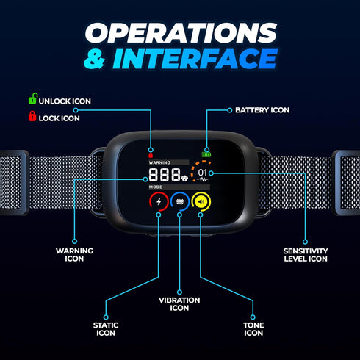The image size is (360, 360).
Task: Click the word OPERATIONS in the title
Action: click(181, 33)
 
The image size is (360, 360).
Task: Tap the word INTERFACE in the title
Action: click(195, 59)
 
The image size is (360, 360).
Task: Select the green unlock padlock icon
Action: click(32, 98)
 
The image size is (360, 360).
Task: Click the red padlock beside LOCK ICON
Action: click(32, 116)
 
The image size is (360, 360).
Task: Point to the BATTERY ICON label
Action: click(262, 110)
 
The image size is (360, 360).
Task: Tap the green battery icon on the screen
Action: click(206, 154)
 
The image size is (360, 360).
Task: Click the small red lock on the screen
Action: click(151, 155)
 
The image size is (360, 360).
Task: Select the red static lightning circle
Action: click(159, 202)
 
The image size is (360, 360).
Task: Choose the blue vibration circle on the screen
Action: click(180, 202)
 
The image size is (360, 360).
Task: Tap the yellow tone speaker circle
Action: click(201, 202)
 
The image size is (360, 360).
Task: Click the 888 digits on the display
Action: click(165, 175)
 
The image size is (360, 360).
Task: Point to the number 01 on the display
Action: click(203, 173)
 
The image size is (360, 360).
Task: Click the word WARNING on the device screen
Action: click(159, 162)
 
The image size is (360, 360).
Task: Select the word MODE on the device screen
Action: click(156, 187)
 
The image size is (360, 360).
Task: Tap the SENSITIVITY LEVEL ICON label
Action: click(306, 255)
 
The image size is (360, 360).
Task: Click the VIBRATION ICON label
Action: click(179, 304)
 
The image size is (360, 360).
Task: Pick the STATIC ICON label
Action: click(106, 329)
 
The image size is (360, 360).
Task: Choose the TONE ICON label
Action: click(253, 329)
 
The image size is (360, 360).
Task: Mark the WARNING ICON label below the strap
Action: click(74, 255)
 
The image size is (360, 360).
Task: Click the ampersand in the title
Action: click(94, 59)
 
